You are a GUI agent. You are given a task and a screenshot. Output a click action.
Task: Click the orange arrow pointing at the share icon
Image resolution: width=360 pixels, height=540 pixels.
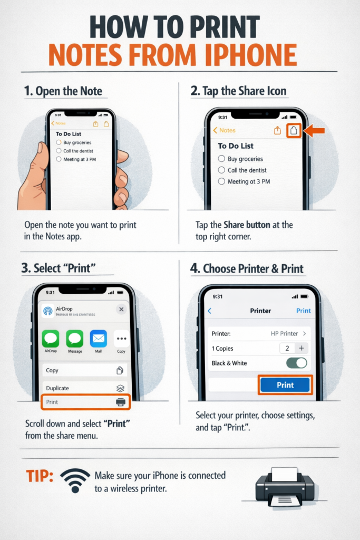(316, 131)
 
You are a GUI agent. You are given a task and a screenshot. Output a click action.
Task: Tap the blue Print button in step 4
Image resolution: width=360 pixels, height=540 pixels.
(285, 385)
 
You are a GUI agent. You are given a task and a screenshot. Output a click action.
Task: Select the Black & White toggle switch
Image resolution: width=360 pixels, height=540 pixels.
(296, 363)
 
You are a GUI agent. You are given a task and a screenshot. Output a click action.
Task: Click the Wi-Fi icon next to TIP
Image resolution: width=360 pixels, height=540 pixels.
(75, 480)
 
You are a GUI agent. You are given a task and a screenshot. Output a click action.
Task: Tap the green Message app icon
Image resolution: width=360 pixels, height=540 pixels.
(75, 339)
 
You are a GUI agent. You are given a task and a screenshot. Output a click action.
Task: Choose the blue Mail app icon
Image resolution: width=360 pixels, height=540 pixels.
(99, 339)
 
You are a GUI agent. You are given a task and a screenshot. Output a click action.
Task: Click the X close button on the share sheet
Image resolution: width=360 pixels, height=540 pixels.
(121, 310)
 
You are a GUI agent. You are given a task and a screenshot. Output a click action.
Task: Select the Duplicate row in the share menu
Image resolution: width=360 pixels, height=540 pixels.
(84, 388)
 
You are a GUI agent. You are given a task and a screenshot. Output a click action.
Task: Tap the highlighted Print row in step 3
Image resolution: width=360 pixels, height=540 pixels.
(84, 402)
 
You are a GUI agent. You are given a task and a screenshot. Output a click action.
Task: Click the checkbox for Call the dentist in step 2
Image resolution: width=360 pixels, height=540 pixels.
(221, 170)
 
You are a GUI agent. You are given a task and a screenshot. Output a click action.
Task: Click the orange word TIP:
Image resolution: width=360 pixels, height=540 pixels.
(40, 476)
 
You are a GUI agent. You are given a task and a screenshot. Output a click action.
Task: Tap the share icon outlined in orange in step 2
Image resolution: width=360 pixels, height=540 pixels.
(294, 130)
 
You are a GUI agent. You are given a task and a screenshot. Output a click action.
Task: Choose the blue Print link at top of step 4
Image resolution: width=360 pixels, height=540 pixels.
(303, 311)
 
